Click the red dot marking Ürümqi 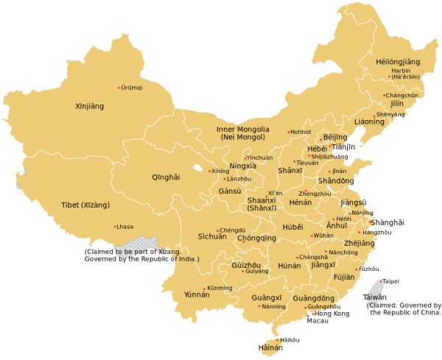(x=119, y=88)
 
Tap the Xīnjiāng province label (x=90, y=107)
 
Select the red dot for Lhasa (x=114, y=226)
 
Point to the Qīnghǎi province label (x=165, y=177)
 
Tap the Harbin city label (x=401, y=71)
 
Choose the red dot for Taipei (x=381, y=281)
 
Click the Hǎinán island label (x=270, y=347)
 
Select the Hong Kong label (x=331, y=314)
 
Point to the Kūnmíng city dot (x=204, y=288)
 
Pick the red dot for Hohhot (x=288, y=132)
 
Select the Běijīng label (x=335, y=138)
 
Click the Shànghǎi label (x=387, y=222)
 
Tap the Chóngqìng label (x=256, y=239)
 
